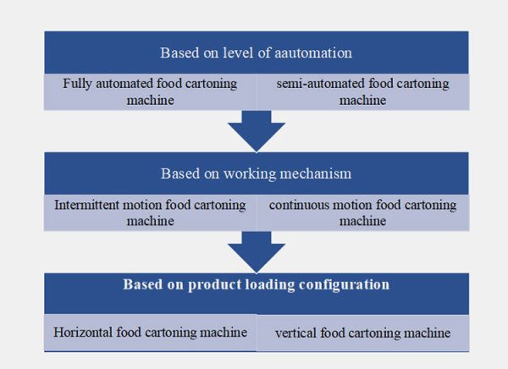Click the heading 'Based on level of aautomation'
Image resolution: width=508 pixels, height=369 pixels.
click(256, 52)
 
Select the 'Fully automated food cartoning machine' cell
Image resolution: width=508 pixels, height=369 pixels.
click(150, 92)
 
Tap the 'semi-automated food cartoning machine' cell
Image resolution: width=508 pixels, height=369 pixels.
click(362, 92)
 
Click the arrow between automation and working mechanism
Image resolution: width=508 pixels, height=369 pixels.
click(256, 132)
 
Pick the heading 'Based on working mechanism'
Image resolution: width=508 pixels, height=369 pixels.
click(256, 173)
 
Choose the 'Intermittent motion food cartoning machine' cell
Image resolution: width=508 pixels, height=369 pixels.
click(150, 212)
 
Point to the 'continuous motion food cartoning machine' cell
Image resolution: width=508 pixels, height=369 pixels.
click(362, 212)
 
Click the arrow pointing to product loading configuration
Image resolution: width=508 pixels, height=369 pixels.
click(256, 251)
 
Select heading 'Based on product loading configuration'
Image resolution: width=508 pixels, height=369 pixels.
click(256, 284)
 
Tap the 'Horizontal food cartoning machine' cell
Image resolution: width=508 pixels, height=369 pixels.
click(150, 333)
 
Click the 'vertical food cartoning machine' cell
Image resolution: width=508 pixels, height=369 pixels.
click(362, 333)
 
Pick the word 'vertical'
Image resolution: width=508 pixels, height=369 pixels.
click(295, 333)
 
